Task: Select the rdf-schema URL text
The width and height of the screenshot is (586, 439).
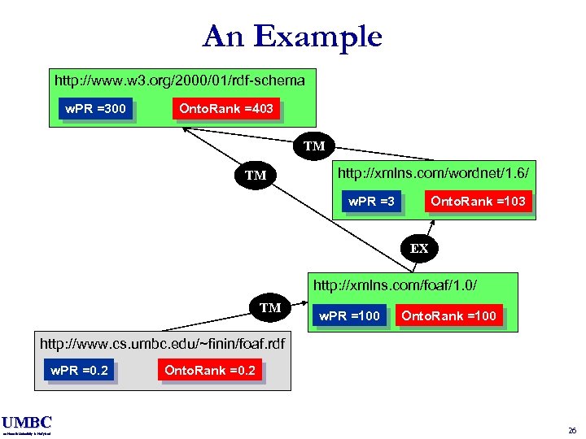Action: (179, 80)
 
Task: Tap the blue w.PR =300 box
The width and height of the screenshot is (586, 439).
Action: (96, 108)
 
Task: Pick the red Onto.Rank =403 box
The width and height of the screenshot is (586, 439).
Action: (225, 108)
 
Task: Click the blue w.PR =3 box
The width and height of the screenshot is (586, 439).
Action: (371, 201)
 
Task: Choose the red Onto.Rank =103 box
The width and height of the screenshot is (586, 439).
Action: (478, 201)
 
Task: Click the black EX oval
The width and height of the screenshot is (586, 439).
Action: (419, 248)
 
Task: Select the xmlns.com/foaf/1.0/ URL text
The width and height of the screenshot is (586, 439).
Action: (395, 285)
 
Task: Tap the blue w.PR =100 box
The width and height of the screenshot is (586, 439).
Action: (348, 315)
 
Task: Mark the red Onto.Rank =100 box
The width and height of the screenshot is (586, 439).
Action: (449, 315)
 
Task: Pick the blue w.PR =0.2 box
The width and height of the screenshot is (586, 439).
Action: (78, 371)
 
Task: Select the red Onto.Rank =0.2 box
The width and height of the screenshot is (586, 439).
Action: (210, 371)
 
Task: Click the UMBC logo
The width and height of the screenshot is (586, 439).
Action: (26, 423)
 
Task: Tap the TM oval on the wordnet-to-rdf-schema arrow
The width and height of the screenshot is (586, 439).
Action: (314, 146)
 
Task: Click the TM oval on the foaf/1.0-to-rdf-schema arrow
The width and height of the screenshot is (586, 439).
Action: (256, 175)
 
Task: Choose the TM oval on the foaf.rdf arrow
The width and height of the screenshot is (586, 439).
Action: (270, 307)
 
